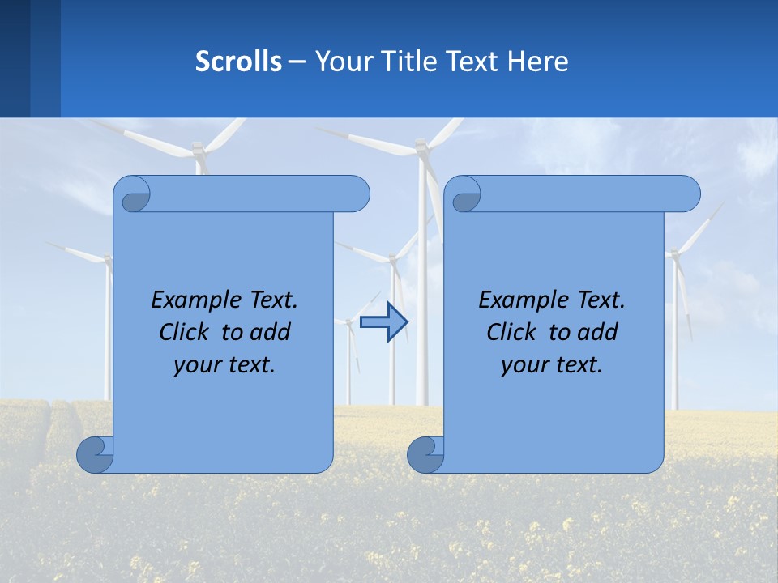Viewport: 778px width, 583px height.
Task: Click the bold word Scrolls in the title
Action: (239, 62)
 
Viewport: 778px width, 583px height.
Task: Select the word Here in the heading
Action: (538, 62)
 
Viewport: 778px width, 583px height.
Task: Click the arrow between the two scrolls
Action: (383, 322)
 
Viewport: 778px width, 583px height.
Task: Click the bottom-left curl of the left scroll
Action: (95, 454)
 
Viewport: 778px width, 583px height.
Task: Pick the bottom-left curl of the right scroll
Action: (425, 454)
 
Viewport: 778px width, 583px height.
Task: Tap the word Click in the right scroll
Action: (511, 332)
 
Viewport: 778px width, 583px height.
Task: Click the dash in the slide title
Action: (297, 62)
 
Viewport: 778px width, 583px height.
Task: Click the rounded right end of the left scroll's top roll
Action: (357, 194)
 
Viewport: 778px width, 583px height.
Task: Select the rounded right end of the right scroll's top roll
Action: (687, 194)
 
